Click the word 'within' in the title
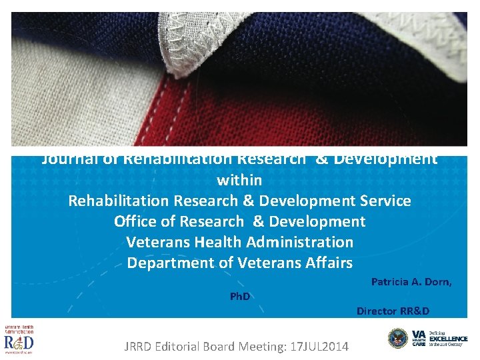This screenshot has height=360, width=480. point(239,180)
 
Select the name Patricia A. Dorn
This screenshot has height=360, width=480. point(411,282)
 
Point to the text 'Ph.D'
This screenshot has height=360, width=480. point(240,296)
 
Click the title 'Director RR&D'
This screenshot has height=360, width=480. point(393,311)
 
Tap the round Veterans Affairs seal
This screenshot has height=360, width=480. point(398,338)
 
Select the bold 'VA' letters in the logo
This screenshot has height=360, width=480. point(418,333)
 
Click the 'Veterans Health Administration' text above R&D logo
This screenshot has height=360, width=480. point(19,329)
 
